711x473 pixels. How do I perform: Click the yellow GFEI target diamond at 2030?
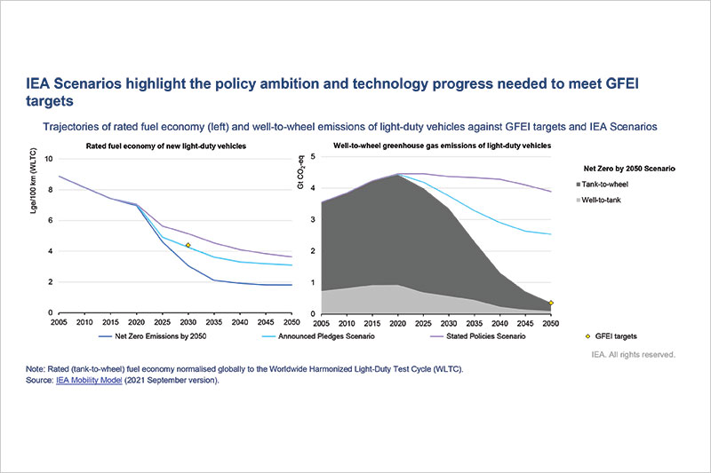[188, 245]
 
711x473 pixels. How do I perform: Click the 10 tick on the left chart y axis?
[48, 159]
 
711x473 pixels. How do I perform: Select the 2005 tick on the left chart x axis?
[60, 321]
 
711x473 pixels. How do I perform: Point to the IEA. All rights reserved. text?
[634, 354]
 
